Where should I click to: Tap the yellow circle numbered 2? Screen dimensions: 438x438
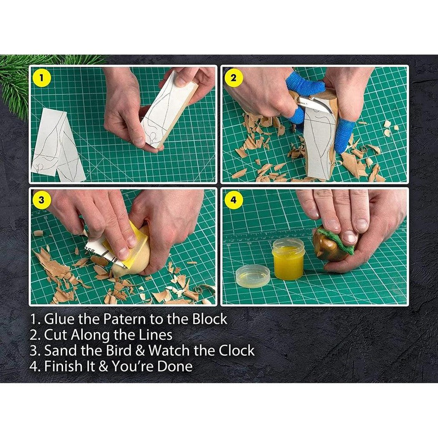[233, 78]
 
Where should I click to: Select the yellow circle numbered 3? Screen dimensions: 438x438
[41, 200]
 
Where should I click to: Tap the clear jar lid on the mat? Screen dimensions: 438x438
[253, 276]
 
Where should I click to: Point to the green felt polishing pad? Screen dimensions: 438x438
[338, 239]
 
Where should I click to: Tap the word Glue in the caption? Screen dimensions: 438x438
[59, 319]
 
